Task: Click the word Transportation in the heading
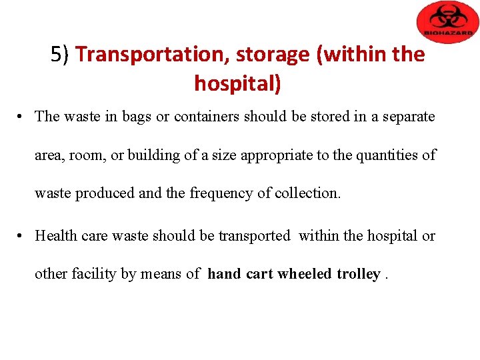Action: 152,55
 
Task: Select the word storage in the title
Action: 273,55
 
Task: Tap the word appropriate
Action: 277,155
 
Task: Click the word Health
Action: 56,235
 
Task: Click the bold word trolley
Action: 358,274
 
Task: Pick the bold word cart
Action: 260,274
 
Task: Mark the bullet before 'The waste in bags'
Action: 22,117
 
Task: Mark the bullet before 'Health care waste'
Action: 22,236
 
